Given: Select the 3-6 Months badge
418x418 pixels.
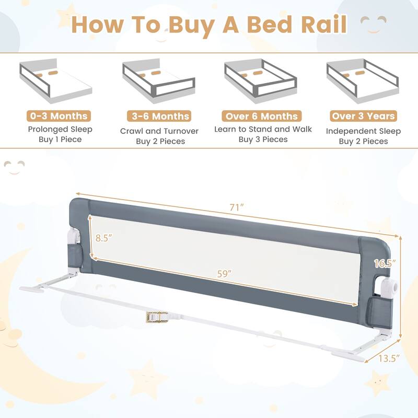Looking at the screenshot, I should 159,116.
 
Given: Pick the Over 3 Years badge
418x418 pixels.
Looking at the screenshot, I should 363,116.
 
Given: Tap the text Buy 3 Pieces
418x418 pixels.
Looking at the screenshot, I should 263,140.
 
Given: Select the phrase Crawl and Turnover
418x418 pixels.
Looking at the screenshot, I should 159,131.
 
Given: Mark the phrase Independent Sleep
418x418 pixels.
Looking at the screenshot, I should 363,131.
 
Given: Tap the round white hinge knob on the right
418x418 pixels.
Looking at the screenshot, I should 388,286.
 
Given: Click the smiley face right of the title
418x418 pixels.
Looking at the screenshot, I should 374,24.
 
